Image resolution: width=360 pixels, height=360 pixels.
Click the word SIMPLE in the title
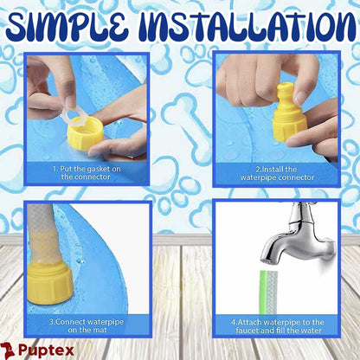pyautogui.click(x=67, y=27)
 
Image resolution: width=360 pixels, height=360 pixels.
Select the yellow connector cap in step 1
pyautogui.click(x=85, y=132)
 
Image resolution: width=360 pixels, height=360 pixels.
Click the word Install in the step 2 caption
pyautogui.click(x=273, y=169)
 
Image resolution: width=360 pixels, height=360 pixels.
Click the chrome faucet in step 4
pyautogui.click(x=298, y=234)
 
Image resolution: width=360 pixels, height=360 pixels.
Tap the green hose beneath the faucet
pyautogui.click(x=268, y=292)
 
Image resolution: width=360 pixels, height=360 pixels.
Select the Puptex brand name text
pyautogui.click(x=47, y=350)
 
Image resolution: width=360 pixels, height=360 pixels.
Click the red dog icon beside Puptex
pyautogui.click(x=8, y=350)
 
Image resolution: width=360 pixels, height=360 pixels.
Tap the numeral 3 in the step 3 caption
pyautogui.click(x=51, y=322)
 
